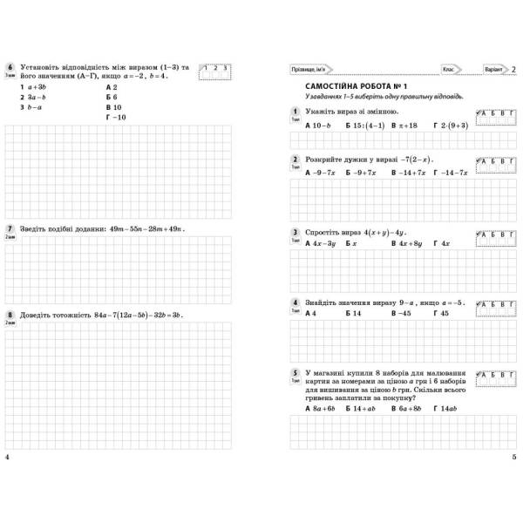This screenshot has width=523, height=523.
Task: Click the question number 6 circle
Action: pos(9,66)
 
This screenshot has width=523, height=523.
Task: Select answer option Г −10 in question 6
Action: pos(115,117)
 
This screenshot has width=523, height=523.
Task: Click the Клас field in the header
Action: pos(449,69)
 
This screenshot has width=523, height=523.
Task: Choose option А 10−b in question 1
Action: pos(319,126)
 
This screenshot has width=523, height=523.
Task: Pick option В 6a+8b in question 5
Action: pos(407,408)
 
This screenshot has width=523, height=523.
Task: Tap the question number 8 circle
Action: pos(9,315)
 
